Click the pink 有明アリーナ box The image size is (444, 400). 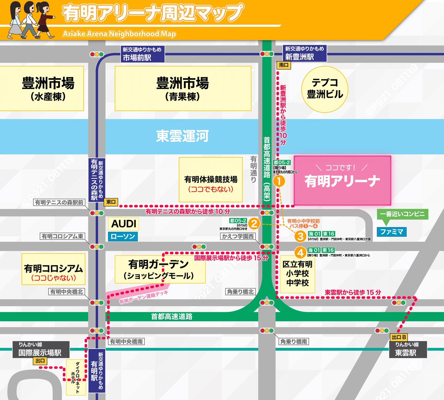tap(342, 180)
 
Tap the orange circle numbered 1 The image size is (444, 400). tap(278, 181)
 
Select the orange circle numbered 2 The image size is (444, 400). tap(254, 223)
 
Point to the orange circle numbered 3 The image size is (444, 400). tap(300, 236)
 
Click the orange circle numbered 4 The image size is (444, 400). tap(300, 252)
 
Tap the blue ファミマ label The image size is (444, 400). tap(391, 232)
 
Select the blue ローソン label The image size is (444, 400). tap(123, 236)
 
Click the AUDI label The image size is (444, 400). tap(124, 224)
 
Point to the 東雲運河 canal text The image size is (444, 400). tap(182, 136)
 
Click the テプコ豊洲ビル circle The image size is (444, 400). tap(325, 89)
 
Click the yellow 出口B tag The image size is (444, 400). tap(399, 337)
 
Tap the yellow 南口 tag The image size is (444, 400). tap(284, 65)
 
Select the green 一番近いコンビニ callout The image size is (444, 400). tap(402, 214)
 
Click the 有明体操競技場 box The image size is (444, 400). tap(211, 180)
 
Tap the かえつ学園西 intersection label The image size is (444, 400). tap(238, 236)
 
